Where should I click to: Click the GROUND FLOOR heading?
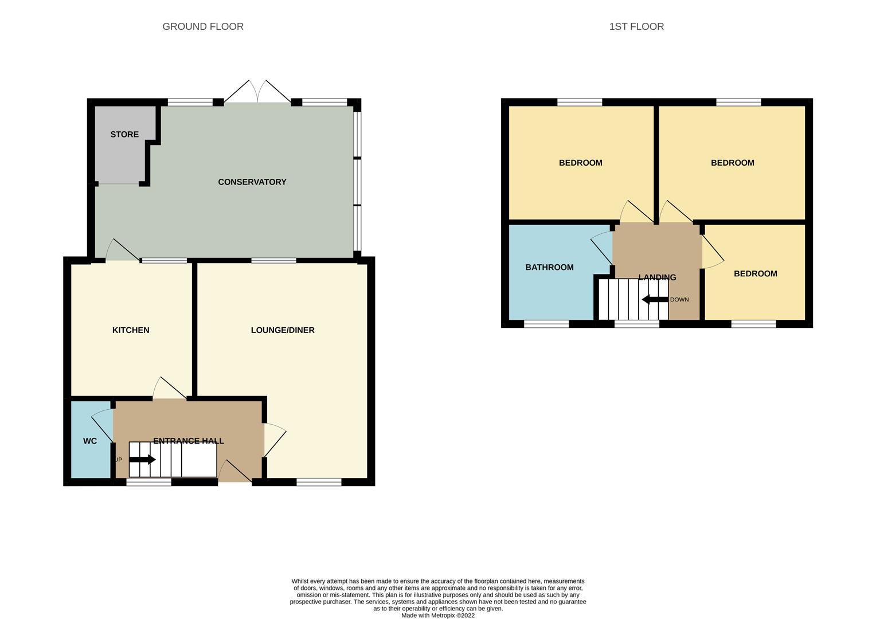[x=202, y=26]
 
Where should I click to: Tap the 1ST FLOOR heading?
[x=636, y=26]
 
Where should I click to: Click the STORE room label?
[x=124, y=135]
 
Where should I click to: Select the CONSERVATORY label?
[x=252, y=182]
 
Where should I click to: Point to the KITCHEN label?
[x=131, y=330]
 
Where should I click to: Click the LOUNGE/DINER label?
[x=283, y=330]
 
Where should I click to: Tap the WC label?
[x=90, y=441]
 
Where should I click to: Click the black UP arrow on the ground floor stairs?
[x=142, y=460]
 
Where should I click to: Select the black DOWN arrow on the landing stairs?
[x=655, y=300]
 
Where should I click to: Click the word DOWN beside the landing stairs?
[x=679, y=300]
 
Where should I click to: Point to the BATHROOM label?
[x=549, y=268]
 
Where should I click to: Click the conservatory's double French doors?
[x=258, y=92]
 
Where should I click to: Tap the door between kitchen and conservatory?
[x=123, y=250]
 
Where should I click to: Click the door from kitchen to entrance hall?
[x=169, y=388]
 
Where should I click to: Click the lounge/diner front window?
[x=319, y=482]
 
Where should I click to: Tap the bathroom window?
[x=546, y=324]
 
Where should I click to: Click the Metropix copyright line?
[x=438, y=616]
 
